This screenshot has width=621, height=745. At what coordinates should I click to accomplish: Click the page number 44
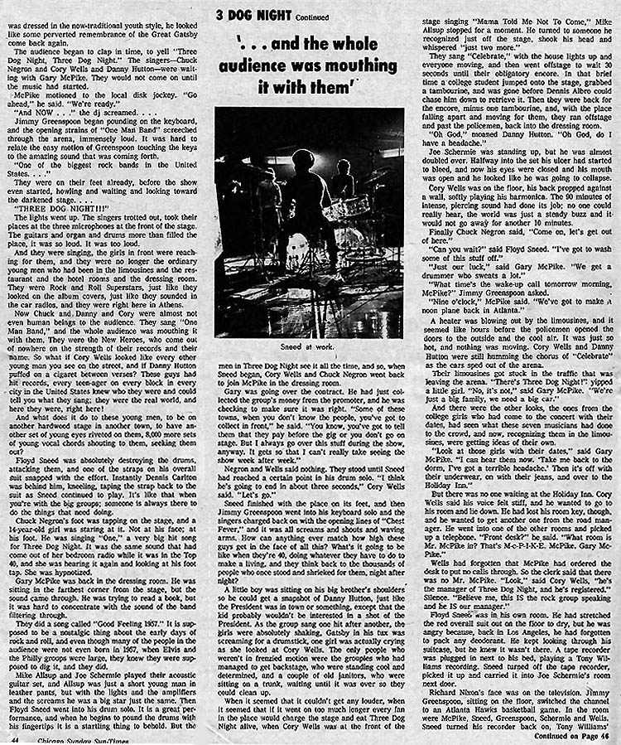click(13, 734)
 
